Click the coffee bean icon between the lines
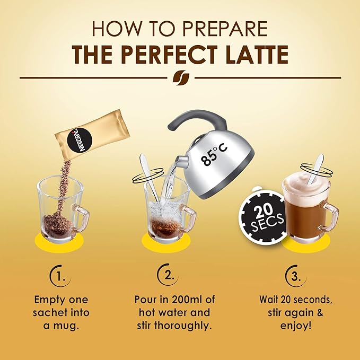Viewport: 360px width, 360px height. coord(181,77)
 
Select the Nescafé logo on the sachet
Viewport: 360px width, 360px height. coord(80,139)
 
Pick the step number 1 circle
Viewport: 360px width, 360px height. coord(60,276)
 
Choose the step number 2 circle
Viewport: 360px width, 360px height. coord(168,275)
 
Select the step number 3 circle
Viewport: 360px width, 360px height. coord(295,276)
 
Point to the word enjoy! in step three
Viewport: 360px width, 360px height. coord(296,326)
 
